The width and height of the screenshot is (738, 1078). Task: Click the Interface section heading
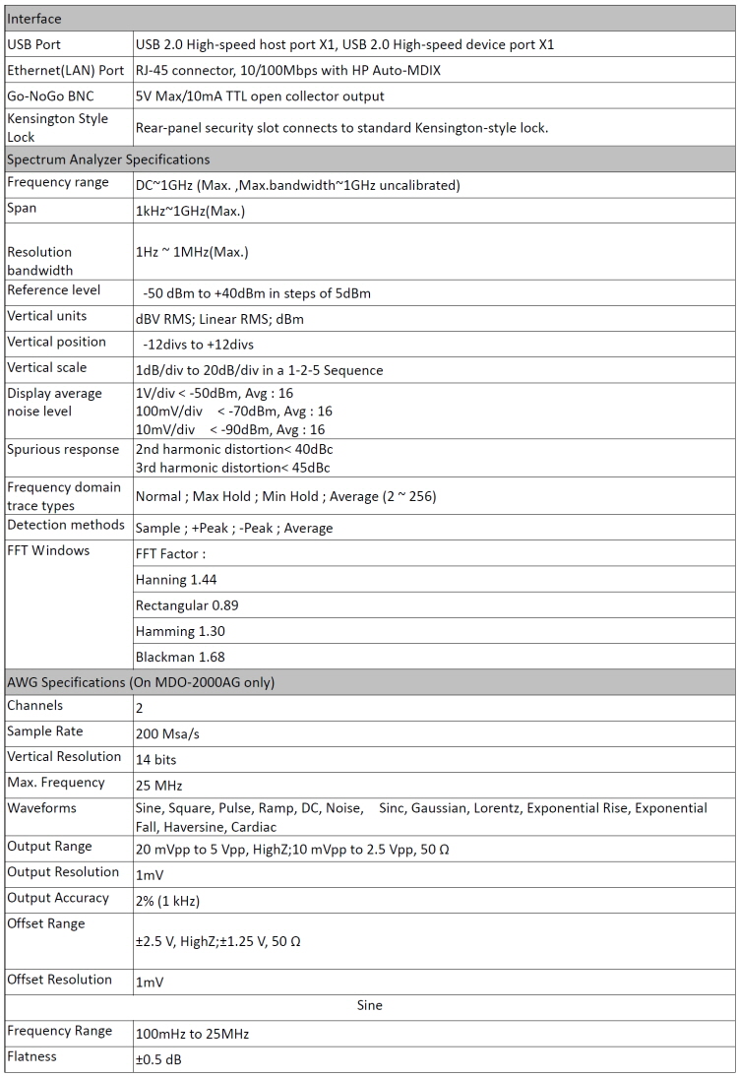coord(34,19)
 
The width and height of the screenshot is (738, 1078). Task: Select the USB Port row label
coord(36,44)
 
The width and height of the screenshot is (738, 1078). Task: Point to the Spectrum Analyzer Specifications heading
coord(108,159)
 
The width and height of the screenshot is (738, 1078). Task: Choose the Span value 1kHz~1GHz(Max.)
coord(191,210)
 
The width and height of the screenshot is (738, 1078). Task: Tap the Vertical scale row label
coord(47,367)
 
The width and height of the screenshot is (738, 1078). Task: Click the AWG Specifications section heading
coord(141,682)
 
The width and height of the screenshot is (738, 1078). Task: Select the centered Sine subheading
coord(369,1005)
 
